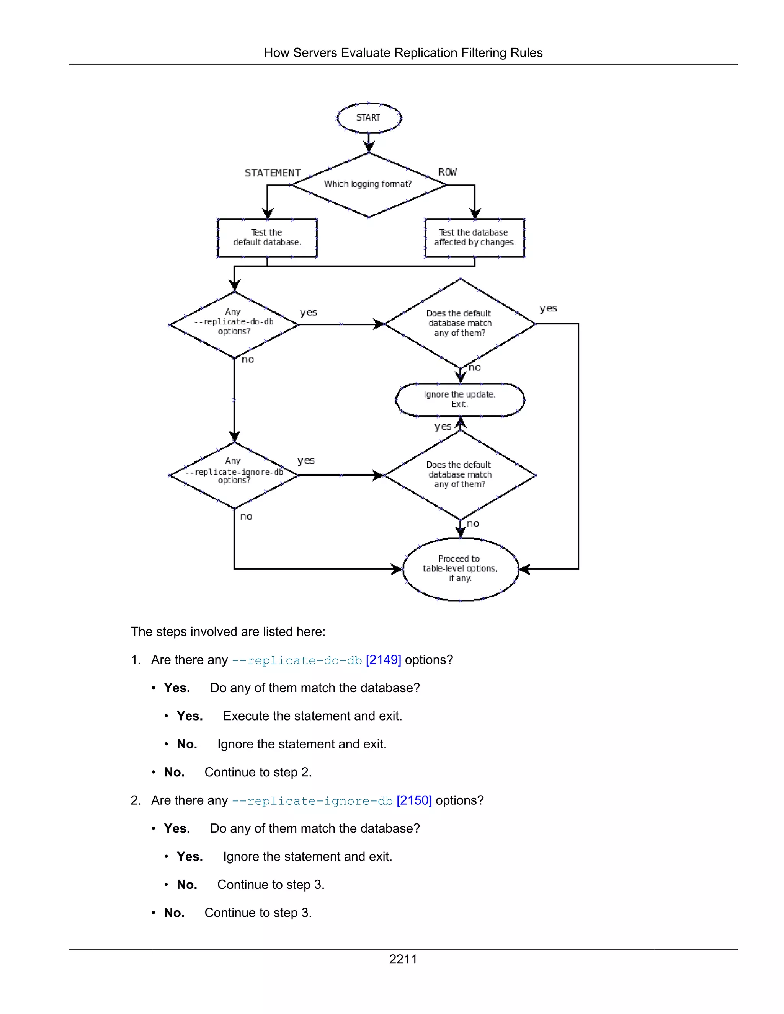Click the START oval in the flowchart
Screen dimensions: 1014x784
(x=368, y=117)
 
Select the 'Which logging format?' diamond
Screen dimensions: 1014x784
(x=368, y=184)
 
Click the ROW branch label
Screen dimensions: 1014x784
(x=447, y=172)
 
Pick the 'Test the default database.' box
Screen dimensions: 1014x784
(x=267, y=237)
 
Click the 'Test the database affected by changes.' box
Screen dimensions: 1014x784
(x=474, y=237)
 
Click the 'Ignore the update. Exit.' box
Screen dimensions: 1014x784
(x=459, y=399)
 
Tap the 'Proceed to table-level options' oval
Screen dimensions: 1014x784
(x=460, y=568)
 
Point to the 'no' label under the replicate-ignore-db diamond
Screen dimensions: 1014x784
(x=246, y=516)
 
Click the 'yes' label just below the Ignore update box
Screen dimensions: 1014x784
(x=443, y=427)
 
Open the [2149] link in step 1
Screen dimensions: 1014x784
(x=383, y=660)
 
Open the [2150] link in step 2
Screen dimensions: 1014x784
(x=414, y=800)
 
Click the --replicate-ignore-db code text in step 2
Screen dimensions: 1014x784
(x=312, y=801)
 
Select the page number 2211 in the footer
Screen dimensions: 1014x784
(x=403, y=959)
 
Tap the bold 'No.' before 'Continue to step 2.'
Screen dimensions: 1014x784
(x=174, y=772)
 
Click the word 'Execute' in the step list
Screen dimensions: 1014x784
(x=246, y=716)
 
